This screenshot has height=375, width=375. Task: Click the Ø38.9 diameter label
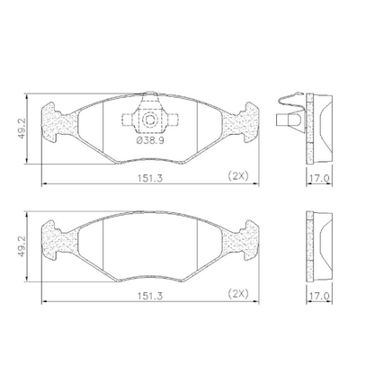coord(150,140)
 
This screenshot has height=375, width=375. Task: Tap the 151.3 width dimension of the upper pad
coord(150,178)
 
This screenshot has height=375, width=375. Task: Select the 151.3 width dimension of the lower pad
coord(150,296)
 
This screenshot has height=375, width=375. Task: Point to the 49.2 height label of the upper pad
coord(22,129)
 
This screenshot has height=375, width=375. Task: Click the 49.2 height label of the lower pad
coord(22,246)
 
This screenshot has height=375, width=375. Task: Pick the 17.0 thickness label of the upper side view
coord(319,178)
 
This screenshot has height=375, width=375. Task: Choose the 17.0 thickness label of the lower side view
coord(319,296)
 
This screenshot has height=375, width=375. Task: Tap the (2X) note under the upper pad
coord(238,175)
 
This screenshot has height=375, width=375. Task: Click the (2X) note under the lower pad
coord(238,294)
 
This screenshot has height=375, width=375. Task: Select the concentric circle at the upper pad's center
coord(150,120)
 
